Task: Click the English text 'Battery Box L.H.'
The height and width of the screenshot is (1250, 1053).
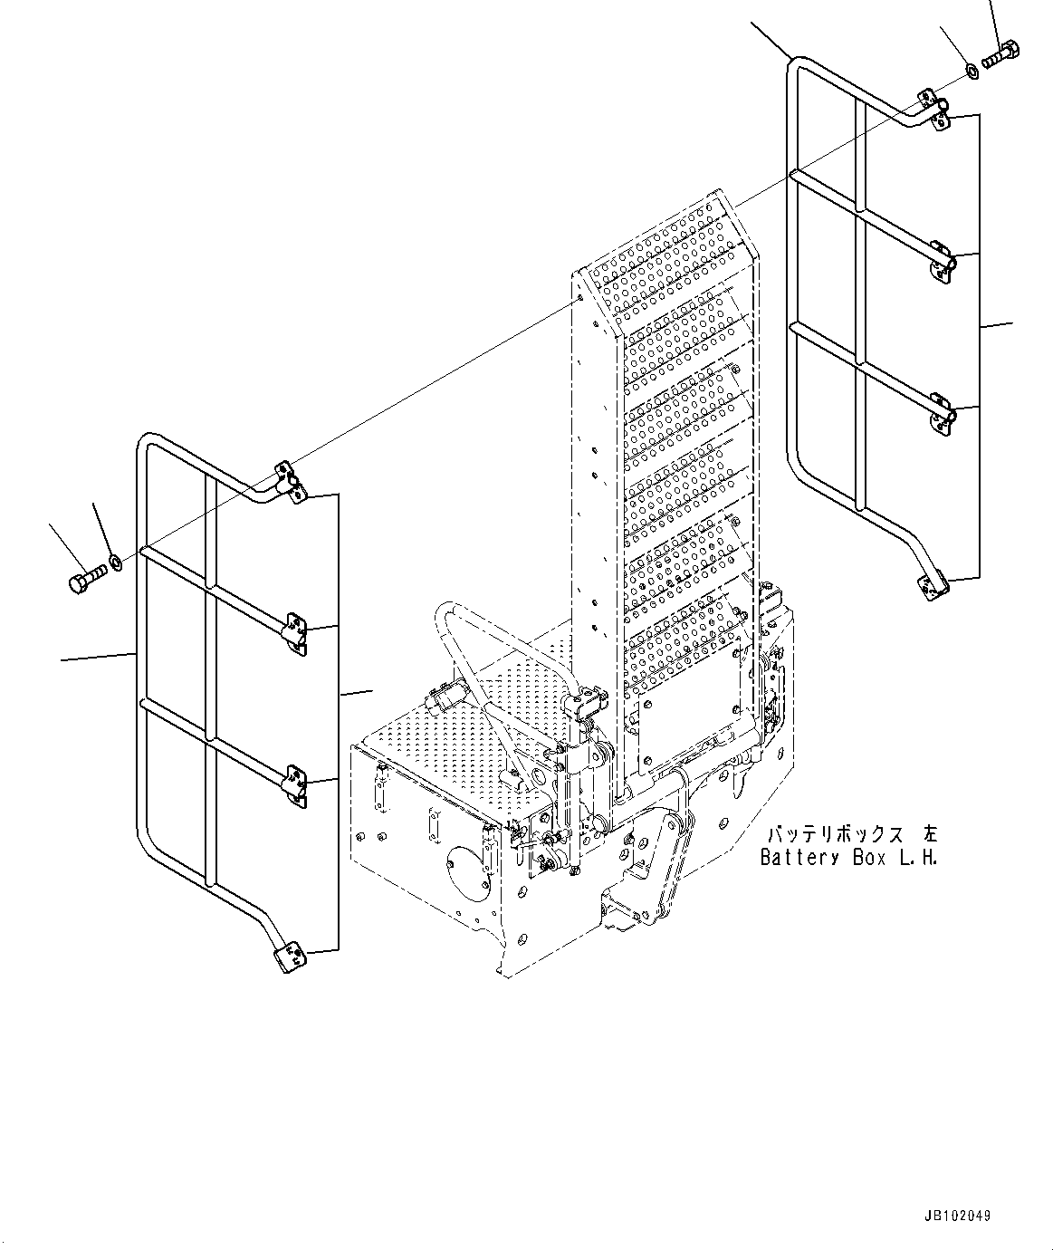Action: coord(848,857)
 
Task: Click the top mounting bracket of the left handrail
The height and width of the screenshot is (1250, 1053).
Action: coord(290,481)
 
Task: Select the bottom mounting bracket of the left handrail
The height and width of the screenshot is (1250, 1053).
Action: coord(288,956)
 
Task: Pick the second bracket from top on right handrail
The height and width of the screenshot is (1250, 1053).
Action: coord(941,261)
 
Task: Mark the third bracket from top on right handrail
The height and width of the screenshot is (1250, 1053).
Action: coord(941,413)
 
